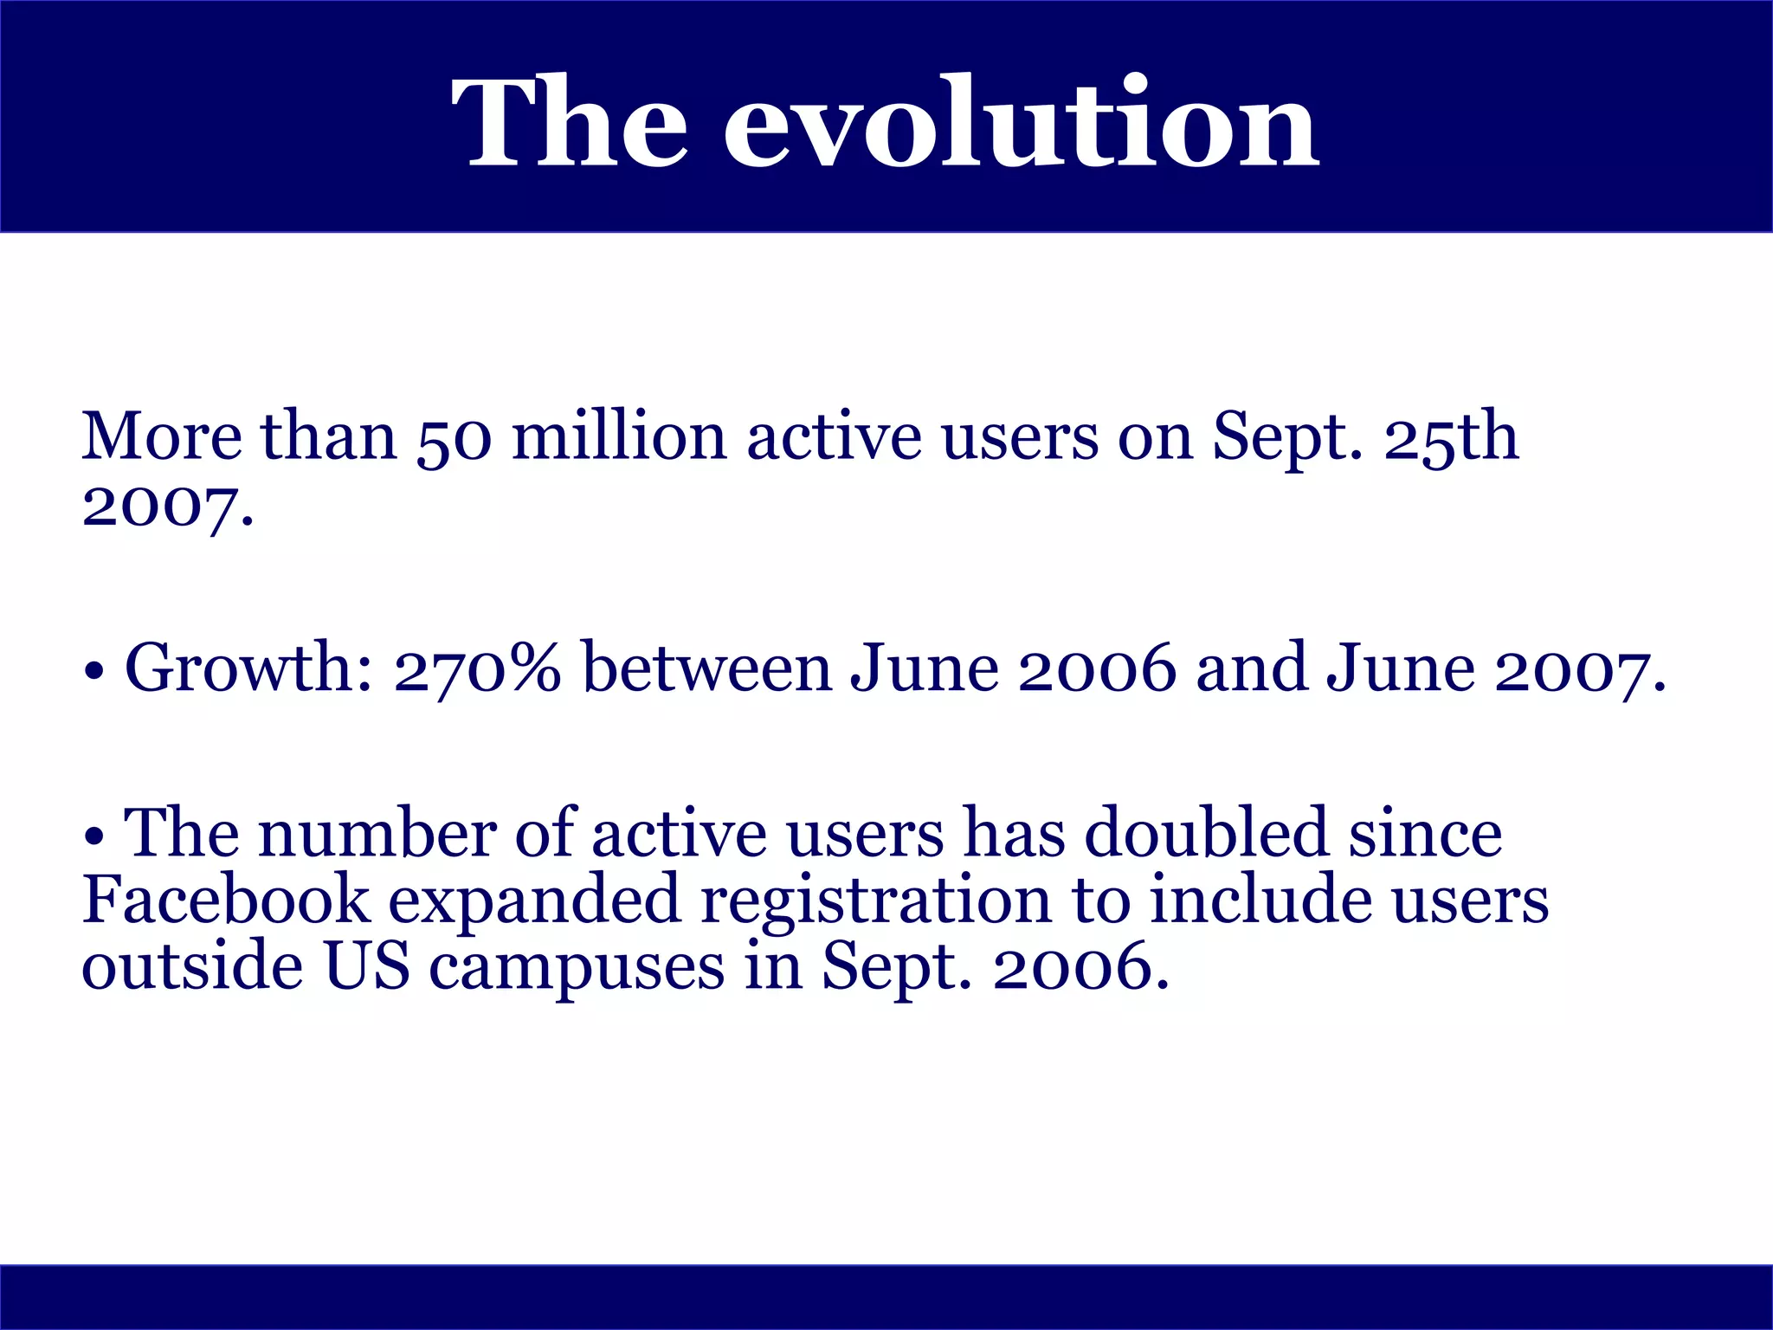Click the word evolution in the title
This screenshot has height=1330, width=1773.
point(1022,123)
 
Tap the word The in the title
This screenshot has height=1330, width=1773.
point(570,123)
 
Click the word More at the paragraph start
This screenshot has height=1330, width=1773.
point(162,436)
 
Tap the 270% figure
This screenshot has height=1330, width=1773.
point(478,668)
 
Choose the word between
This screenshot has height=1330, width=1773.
point(706,668)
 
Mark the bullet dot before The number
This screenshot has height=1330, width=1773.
point(94,836)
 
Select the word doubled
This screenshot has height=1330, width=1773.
point(1206,833)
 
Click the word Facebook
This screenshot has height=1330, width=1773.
point(227,901)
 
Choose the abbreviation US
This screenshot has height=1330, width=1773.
point(367,966)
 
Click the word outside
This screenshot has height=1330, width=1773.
point(192,966)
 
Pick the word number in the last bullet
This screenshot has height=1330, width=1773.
point(377,833)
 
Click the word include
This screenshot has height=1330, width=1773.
point(1261,901)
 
